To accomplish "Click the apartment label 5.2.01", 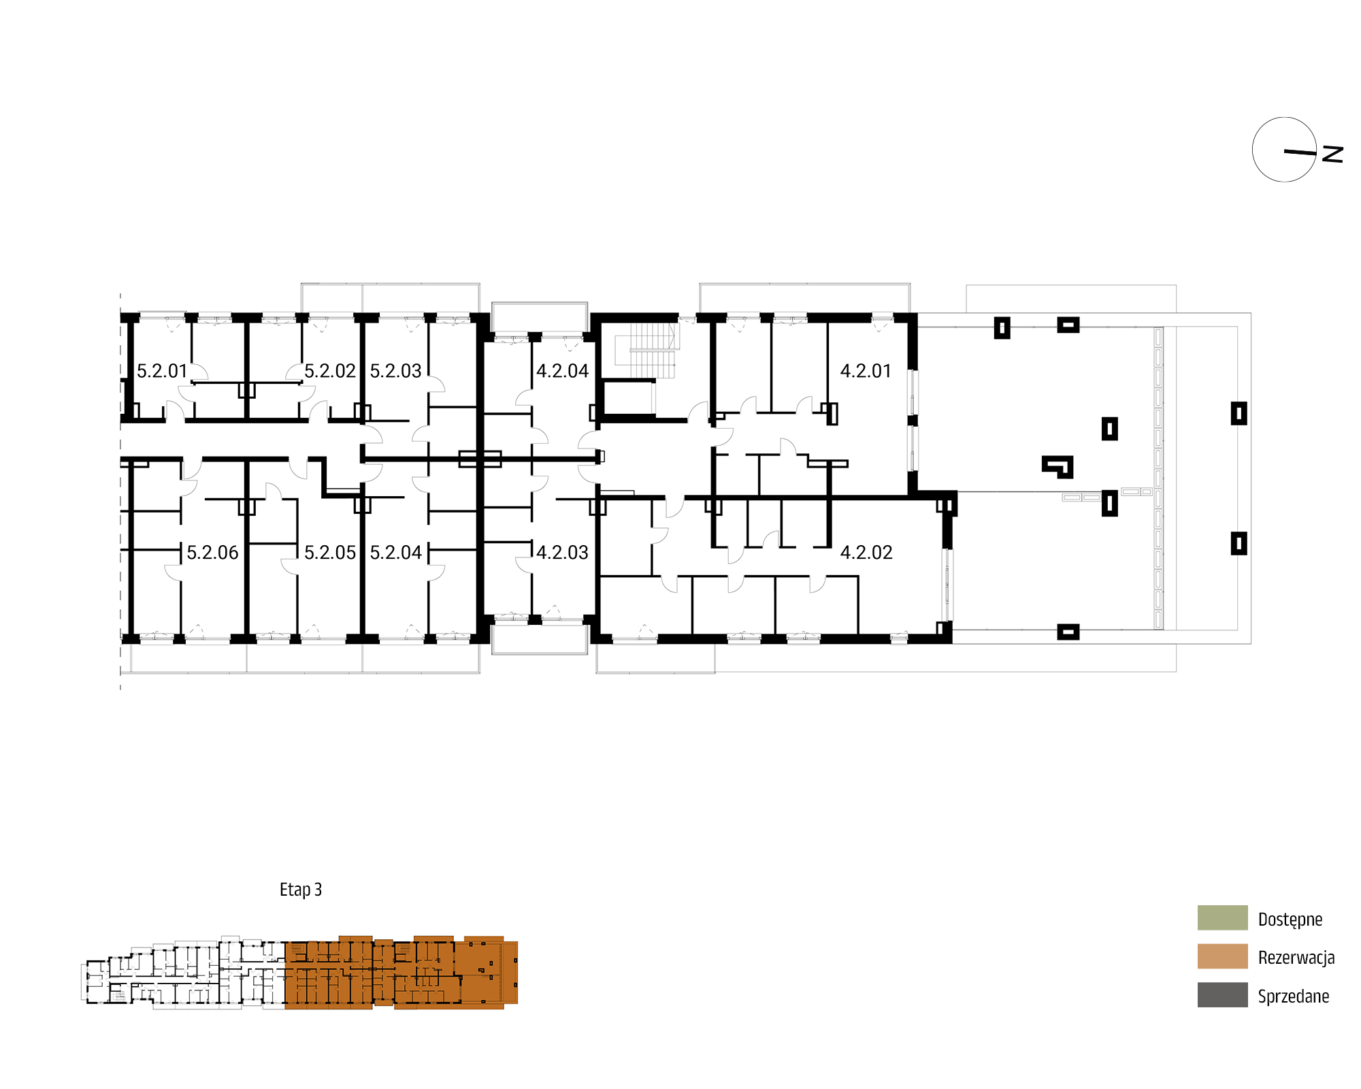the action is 162,371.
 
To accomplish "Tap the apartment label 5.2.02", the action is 330,371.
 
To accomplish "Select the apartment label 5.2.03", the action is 396,371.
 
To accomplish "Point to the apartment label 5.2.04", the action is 396,553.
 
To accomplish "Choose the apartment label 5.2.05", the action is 330,553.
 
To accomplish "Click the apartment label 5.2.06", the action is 213,553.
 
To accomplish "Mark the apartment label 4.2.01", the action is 866,371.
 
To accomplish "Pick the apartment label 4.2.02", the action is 866,553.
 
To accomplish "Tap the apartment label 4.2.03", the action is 563,553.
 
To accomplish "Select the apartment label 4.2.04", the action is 563,371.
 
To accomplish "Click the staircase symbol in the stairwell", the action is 646,350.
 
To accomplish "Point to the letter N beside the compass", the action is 1332,154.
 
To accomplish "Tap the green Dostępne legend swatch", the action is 1223,917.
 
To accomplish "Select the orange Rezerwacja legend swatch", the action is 1223,956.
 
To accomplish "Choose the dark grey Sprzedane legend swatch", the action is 1223,994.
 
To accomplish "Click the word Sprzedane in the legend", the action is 1294,996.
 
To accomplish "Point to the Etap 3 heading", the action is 301,890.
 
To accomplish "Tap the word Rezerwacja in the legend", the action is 1296,958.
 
